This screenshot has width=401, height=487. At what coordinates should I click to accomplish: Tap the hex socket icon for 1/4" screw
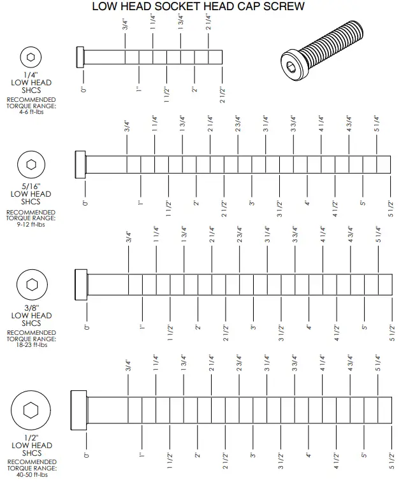[31, 57]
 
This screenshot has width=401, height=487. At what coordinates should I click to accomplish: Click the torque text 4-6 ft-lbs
[31, 111]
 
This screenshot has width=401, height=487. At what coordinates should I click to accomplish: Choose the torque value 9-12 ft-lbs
[31, 224]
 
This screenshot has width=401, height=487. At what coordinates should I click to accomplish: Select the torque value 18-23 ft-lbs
[31, 345]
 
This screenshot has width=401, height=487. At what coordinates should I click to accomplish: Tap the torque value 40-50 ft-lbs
[31, 474]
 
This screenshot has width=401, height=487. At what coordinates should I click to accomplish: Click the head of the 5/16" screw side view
[80, 164]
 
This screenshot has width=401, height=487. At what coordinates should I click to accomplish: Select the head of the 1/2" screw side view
[79, 408]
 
